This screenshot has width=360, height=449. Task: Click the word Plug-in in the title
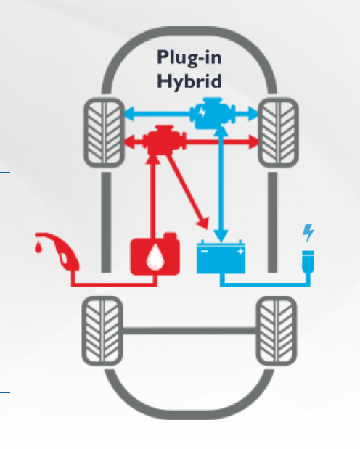click(189, 58)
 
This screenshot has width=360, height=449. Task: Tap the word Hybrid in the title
click(189, 81)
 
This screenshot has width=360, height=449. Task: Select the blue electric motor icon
click(213, 113)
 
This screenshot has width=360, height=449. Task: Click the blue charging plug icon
click(308, 261)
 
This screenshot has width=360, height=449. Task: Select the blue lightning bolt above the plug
click(308, 233)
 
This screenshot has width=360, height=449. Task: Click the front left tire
click(105, 132)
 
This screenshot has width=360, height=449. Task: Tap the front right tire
click(278, 132)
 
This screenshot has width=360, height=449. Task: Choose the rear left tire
click(102, 331)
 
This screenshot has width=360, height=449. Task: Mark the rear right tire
click(277, 331)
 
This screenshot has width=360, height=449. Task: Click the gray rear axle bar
click(189, 331)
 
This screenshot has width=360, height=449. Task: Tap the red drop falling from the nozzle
click(38, 247)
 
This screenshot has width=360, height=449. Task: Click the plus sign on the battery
click(240, 252)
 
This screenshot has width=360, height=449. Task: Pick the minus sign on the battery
click(205, 252)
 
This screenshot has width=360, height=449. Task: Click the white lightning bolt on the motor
click(202, 112)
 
